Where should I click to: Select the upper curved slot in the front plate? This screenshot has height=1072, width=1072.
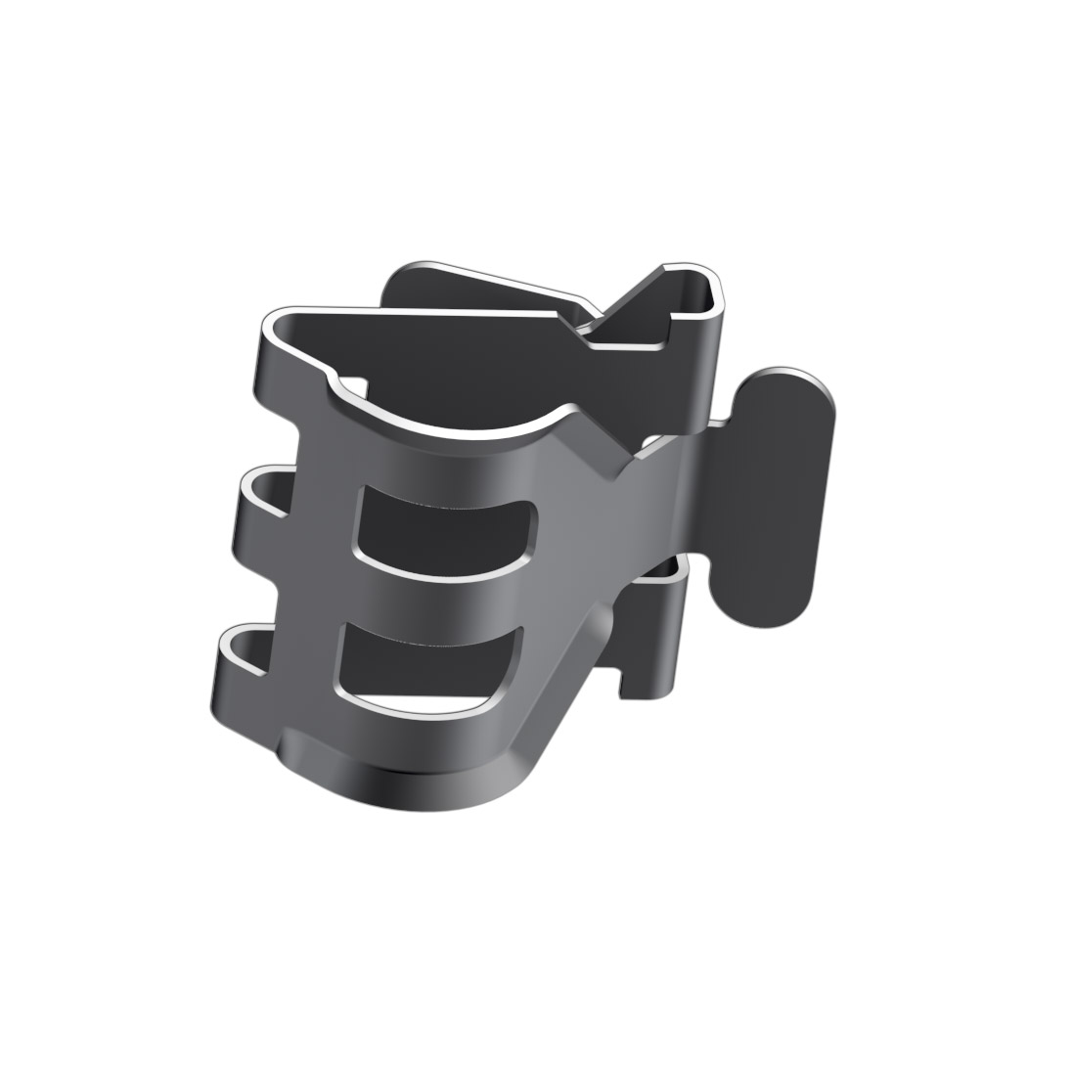tap(445, 528)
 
